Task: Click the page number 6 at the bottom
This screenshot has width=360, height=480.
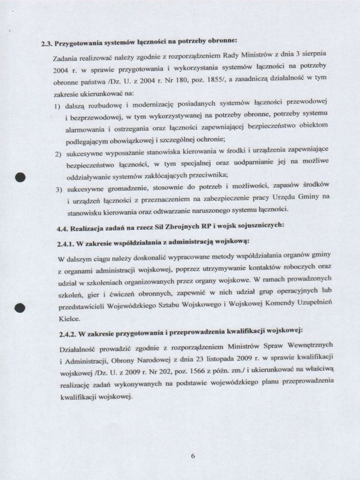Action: (194, 455)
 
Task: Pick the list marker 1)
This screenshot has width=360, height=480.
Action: (58, 106)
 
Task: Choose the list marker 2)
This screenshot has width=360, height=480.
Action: (59, 155)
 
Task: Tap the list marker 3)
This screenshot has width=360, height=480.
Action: (59, 190)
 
